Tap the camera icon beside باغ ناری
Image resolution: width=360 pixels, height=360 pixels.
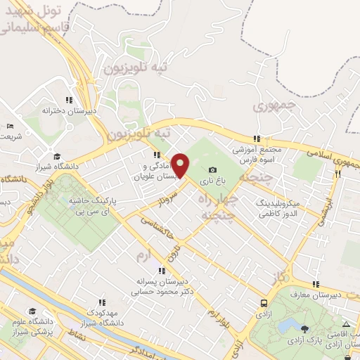coord(212,170)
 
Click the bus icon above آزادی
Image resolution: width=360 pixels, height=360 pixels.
coord(264,304)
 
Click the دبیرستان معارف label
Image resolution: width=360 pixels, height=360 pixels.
coord(317,294)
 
